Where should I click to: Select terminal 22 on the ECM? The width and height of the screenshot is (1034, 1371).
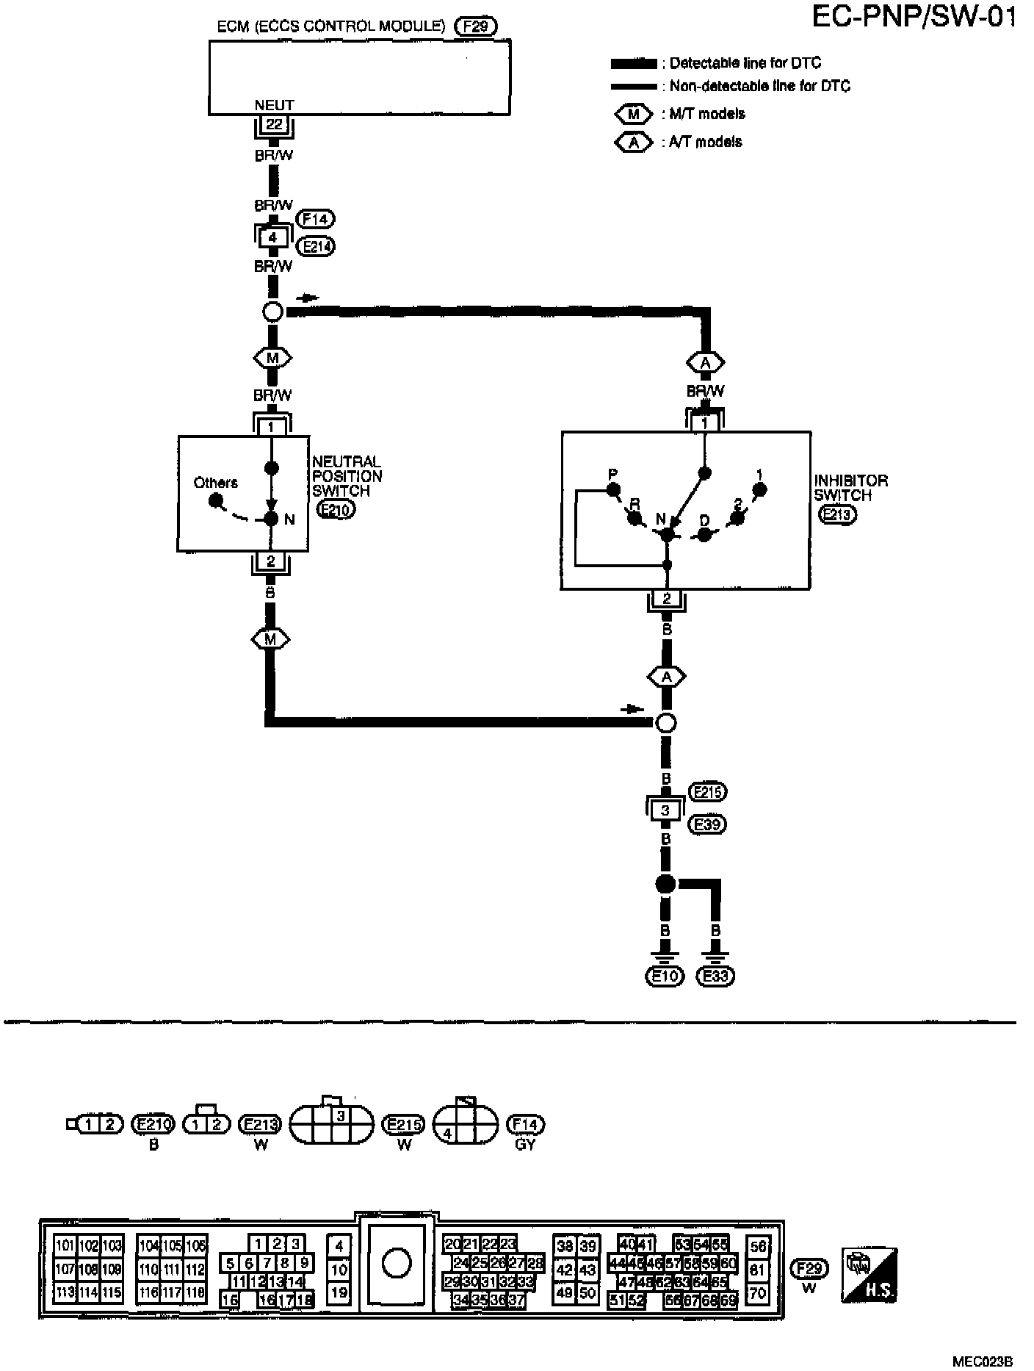(x=273, y=125)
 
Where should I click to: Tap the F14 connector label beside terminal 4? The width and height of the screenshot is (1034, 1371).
(x=315, y=219)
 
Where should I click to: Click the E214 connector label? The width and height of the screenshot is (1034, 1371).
(x=317, y=246)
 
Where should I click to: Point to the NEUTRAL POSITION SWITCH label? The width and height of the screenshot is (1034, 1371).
(x=347, y=476)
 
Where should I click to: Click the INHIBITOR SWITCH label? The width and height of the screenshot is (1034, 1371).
(x=850, y=488)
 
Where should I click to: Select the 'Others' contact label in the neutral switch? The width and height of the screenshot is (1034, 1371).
(x=215, y=483)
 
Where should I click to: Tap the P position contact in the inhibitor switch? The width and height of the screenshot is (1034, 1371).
(x=614, y=490)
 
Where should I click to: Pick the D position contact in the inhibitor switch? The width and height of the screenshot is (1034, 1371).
(x=704, y=534)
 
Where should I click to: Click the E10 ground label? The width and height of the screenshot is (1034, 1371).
(x=665, y=976)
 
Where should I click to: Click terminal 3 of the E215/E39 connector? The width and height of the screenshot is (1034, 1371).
(x=665, y=810)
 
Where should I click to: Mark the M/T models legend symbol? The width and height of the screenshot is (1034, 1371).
(x=633, y=115)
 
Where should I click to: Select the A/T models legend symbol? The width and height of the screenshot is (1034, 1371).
(x=633, y=143)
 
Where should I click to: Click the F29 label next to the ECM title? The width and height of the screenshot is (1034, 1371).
(x=475, y=27)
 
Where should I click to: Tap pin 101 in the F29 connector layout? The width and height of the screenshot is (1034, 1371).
(x=65, y=1245)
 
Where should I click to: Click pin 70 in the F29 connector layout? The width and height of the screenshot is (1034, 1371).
(x=757, y=1293)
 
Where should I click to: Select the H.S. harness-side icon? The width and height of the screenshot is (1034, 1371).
(x=870, y=1274)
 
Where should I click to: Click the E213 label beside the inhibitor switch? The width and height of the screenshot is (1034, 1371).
(x=836, y=515)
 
